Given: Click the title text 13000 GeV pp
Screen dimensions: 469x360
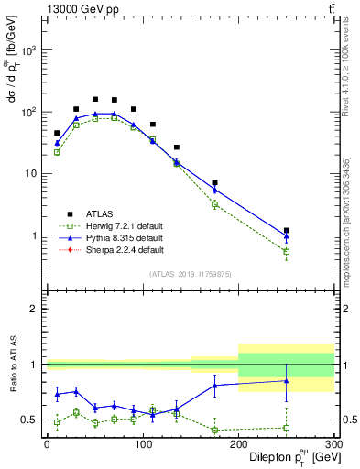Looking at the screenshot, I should [77, 8].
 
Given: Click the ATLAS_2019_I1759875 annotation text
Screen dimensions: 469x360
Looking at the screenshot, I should [191, 273].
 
